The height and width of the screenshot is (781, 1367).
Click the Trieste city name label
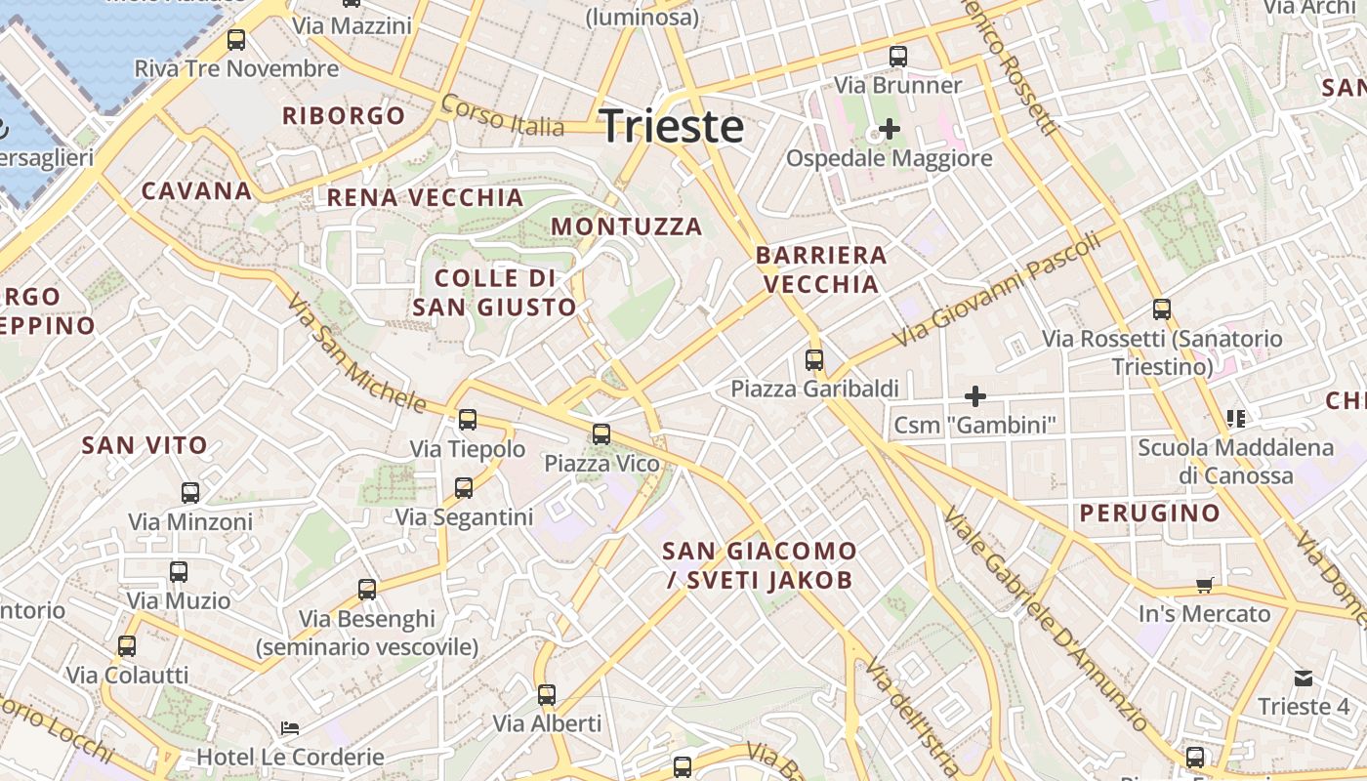pyautogui.click(x=672, y=127)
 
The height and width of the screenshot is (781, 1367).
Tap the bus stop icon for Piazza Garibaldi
pyautogui.click(x=814, y=360)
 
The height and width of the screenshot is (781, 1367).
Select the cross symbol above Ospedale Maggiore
pyautogui.click(x=889, y=128)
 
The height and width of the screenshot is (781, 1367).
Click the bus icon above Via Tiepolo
pyautogui.click(x=468, y=420)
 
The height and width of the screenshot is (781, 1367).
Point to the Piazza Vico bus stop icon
pyautogui.click(x=601, y=434)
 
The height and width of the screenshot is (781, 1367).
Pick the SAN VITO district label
pyautogui.click(x=145, y=446)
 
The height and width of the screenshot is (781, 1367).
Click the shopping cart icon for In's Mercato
pyautogui.click(x=1205, y=586)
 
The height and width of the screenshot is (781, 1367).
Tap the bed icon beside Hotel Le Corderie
pyautogui.click(x=290, y=728)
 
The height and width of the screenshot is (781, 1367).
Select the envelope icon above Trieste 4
pyautogui.click(x=1304, y=678)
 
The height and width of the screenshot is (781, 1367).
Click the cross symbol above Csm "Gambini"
pyautogui.click(x=974, y=396)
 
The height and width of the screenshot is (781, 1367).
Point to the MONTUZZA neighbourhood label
pyautogui.click(x=627, y=226)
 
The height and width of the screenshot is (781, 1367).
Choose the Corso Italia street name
pyautogui.click(x=502, y=115)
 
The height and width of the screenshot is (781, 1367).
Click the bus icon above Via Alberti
pyautogui.click(x=547, y=695)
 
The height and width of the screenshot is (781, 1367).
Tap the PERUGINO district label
pyautogui.click(x=1149, y=514)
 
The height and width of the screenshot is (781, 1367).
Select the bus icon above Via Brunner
pyautogui.click(x=898, y=57)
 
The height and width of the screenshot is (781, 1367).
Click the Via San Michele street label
pyautogui.click(x=356, y=352)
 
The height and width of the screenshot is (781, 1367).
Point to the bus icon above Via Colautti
pyautogui.click(x=127, y=646)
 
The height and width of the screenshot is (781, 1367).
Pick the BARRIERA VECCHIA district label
pyautogui.click(x=821, y=269)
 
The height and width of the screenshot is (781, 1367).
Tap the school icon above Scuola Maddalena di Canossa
pyautogui.click(x=1235, y=419)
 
